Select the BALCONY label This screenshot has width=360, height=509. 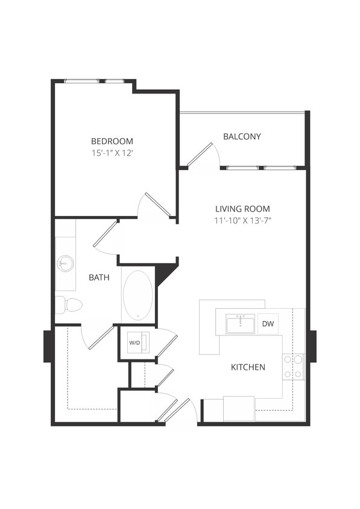tap(242, 136)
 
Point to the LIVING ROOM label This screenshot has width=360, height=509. tap(242, 209)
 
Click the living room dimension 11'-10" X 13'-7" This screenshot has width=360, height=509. tap(242, 221)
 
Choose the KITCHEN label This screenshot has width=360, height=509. tap(248, 367)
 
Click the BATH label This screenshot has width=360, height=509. tap(98, 277)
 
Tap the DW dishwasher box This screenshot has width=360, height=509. tap(268, 324)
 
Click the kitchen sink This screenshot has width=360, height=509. tap(240, 324)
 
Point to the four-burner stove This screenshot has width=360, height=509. tap(293, 367)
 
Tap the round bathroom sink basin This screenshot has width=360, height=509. tap(65, 264)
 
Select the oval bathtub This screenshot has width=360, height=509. tap(138, 296)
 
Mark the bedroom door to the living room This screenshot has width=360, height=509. tap(156, 205)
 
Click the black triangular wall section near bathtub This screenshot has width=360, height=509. tap(164, 273)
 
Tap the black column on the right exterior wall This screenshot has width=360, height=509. tap(312, 346)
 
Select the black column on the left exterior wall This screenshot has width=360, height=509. tap(48, 346)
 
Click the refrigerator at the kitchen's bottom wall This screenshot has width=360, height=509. tap(239, 409)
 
